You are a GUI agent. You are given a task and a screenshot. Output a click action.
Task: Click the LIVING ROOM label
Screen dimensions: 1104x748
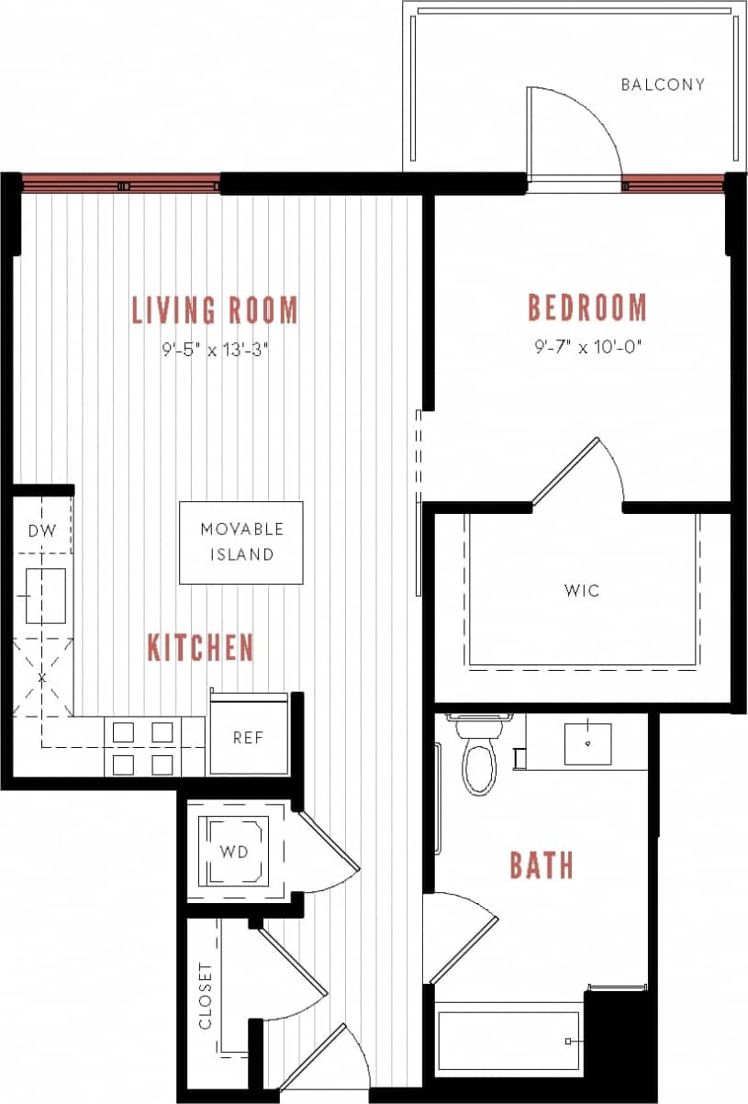(215, 310)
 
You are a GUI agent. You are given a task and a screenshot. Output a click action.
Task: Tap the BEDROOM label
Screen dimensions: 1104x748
(586, 307)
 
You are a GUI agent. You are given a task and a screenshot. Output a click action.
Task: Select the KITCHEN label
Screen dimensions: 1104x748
(200, 648)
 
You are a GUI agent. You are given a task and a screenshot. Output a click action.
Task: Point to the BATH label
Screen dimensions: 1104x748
(541, 864)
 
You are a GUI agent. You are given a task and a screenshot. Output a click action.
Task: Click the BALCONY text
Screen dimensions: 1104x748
(663, 84)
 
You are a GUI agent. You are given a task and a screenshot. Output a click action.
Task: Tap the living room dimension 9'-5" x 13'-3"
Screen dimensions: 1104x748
(215, 349)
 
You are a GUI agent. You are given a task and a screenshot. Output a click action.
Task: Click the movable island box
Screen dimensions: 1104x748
(240, 542)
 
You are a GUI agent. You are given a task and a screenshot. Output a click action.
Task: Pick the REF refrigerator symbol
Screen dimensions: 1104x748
(248, 738)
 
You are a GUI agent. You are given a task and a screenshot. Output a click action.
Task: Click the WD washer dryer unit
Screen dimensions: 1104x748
(234, 851)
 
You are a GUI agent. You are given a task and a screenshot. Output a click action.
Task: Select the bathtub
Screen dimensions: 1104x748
(508, 1041)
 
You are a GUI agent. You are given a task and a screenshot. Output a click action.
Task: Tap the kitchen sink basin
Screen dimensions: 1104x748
(43, 594)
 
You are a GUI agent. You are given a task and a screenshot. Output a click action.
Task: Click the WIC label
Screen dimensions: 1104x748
(582, 590)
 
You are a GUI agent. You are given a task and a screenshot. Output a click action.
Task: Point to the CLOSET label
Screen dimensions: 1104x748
(206, 996)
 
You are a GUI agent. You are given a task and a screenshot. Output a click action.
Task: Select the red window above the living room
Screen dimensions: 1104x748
(120, 184)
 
